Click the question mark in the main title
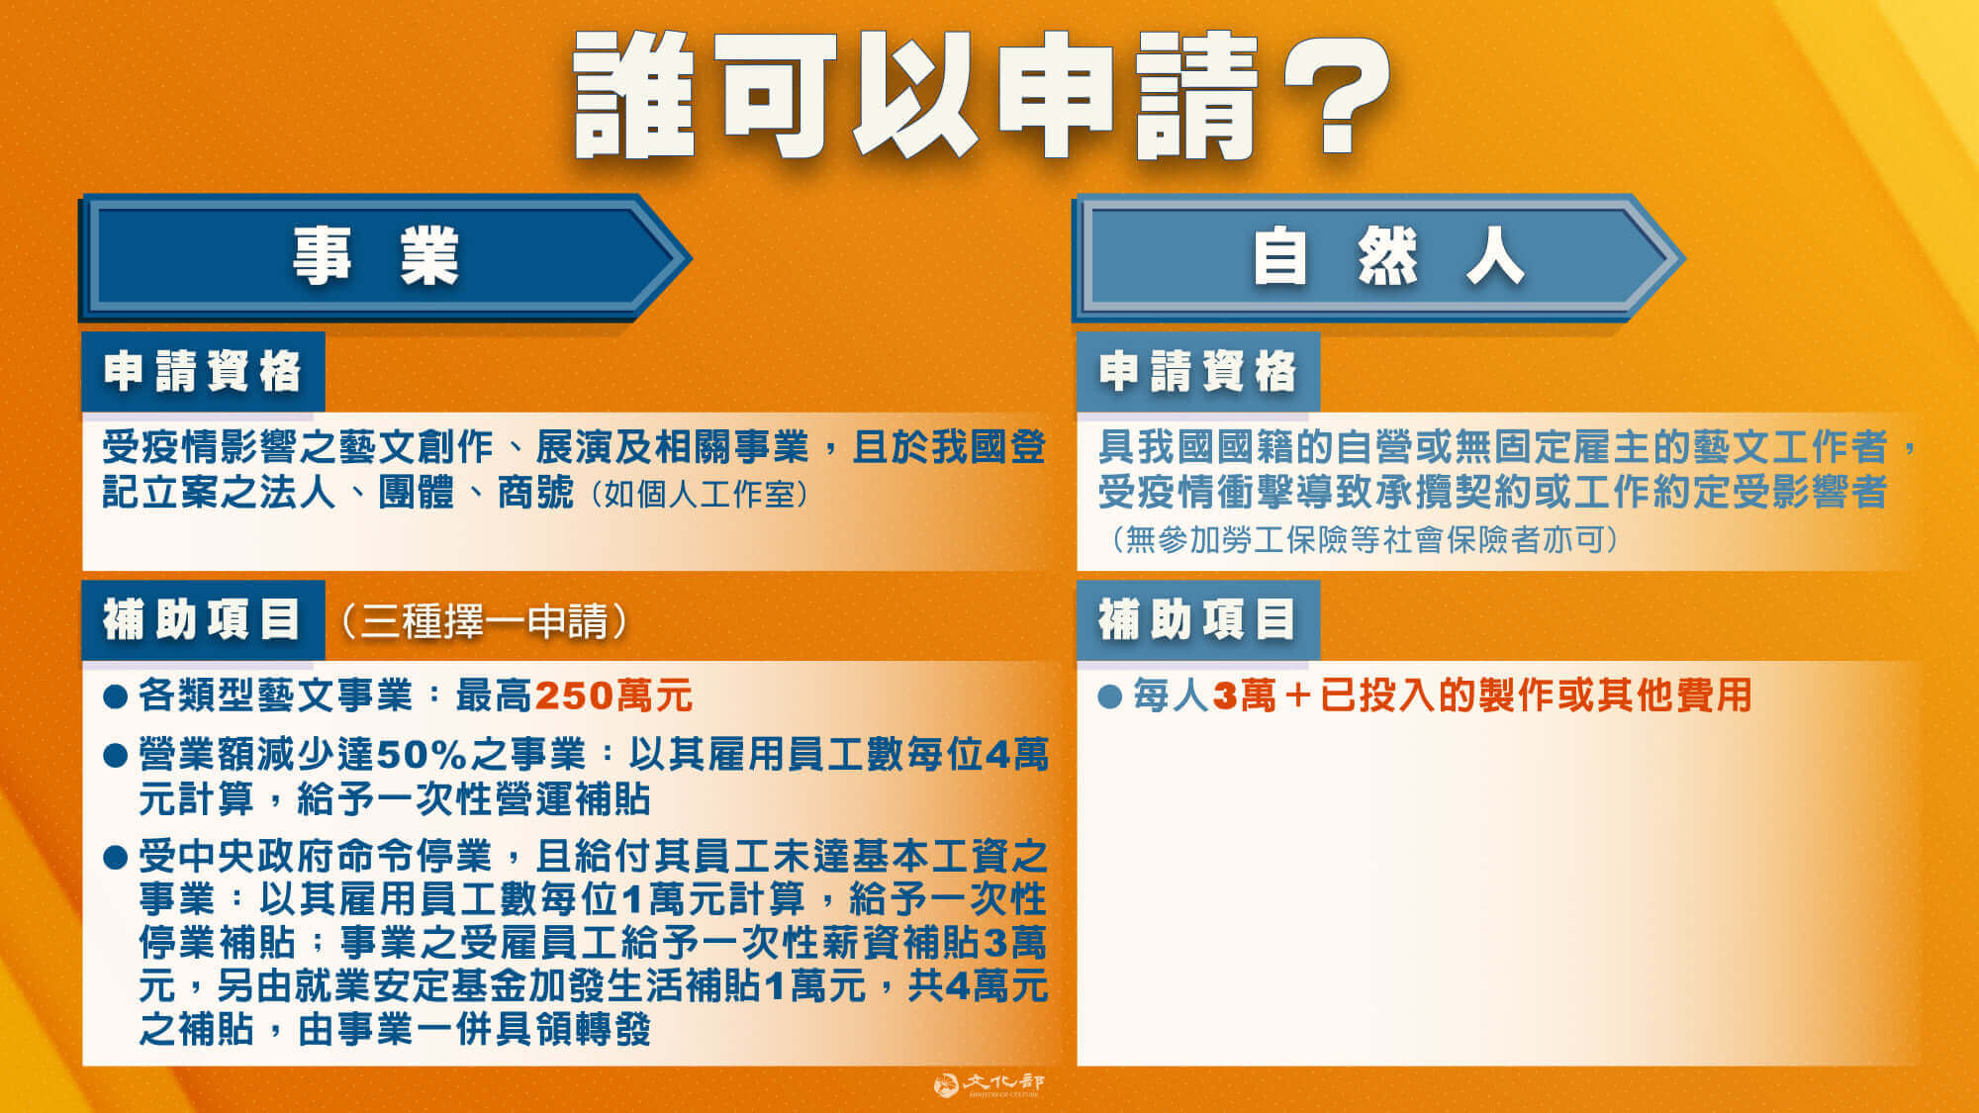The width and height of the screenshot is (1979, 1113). pyautogui.click(x=1336, y=94)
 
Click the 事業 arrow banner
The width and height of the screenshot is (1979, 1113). pyautogui.click(x=376, y=256)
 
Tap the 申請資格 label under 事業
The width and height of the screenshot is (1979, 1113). pyautogui.click(x=203, y=371)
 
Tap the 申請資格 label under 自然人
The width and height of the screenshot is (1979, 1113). pyautogui.click(x=1197, y=371)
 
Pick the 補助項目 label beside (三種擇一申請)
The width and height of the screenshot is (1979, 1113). pyautogui.click(x=203, y=620)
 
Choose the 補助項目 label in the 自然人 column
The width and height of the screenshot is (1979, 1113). pyautogui.click(x=1197, y=620)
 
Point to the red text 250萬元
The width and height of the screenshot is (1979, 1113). pyautogui.click(x=613, y=696)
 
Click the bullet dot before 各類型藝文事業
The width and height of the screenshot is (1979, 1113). pyautogui.click(x=116, y=696)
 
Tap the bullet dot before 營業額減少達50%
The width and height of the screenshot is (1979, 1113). pyautogui.click(x=116, y=756)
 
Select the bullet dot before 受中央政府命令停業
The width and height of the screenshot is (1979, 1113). pyautogui.click(x=116, y=857)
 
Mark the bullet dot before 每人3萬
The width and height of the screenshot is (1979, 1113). pyautogui.click(x=1110, y=696)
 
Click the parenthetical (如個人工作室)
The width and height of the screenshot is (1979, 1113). pyautogui.click(x=699, y=494)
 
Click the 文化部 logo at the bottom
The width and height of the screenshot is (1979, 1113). pyautogui.click(x=989, y=1085)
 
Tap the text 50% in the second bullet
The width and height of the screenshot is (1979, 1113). pyautogui.click(x=422, y=755)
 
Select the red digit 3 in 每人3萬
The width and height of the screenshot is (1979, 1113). pyautogui.click(x=1225, y=696)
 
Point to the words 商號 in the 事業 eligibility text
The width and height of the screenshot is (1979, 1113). pyautogui.click(x=535, y=492)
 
